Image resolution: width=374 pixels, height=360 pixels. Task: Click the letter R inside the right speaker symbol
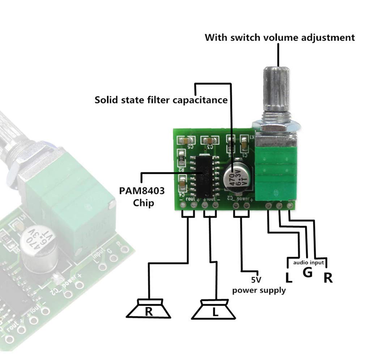click(x=149, y=311)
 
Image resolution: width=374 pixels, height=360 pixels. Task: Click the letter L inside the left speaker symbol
click(x=215, y=312)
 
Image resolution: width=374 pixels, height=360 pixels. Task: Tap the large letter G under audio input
click(x=307, y=272)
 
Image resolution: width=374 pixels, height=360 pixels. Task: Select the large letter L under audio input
click(x=289, y=277)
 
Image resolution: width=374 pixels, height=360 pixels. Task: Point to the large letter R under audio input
click(x=328, y=277)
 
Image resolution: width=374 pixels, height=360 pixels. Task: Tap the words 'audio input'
click(x=308, y=262)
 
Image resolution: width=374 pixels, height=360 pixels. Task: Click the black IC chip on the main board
click(x=205, y=174)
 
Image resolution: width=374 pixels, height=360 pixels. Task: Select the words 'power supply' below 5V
click(x=259, y=290)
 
